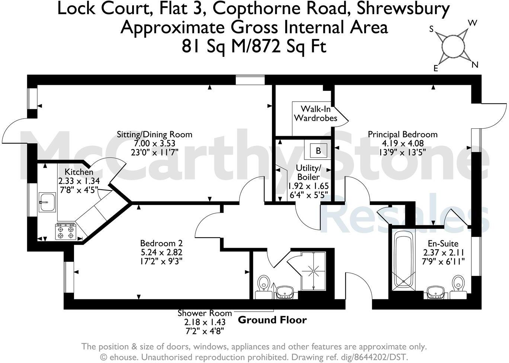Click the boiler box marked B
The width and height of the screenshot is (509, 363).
click(318, 151)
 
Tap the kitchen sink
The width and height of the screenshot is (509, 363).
click(47, 202)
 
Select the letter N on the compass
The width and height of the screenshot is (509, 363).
click(474, 65)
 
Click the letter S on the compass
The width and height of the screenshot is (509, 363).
click(432, 29)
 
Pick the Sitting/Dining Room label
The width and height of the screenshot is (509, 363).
click(154, 134)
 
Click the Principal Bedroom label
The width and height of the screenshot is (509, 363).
click(403, 134)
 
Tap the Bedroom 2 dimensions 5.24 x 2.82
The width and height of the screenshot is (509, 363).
click(161, 252)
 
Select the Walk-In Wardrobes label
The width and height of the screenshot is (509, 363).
click(316, 113)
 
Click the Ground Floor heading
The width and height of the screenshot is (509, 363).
click(272, 320)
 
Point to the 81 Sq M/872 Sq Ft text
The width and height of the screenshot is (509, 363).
click(254, 47)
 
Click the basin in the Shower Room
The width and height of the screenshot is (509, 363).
click(285, 292)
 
